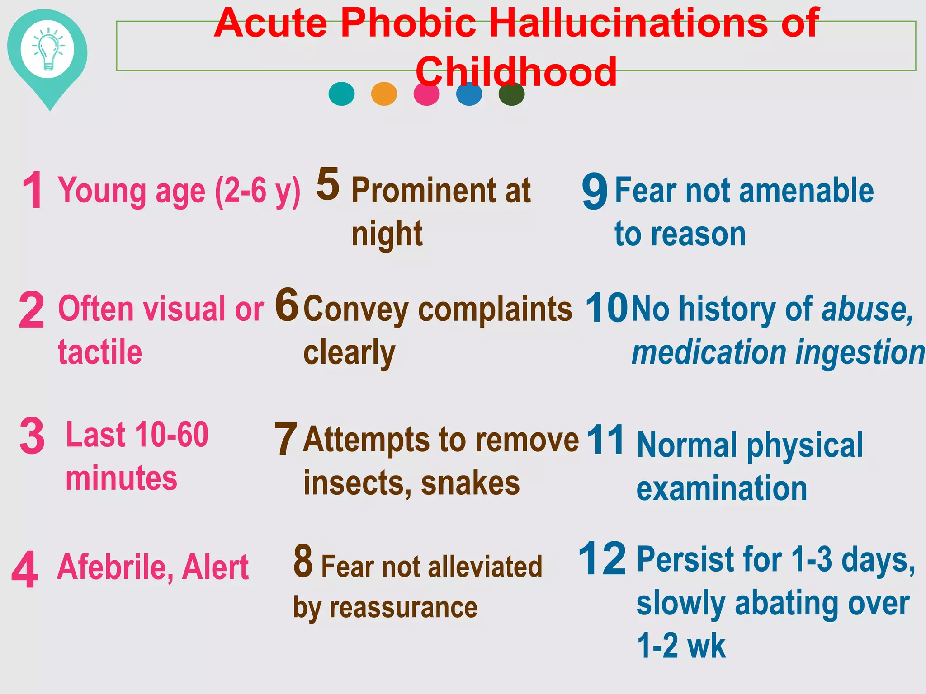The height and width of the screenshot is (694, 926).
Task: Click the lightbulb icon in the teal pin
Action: click(47, 49)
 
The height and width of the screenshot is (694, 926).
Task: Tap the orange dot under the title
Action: click(384, 94)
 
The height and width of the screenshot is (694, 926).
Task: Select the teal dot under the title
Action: click(341, 94)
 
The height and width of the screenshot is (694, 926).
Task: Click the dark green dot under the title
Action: click(511, 94)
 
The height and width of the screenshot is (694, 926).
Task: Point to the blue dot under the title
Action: click(469, 94)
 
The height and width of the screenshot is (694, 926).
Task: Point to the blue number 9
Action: click(595, 192)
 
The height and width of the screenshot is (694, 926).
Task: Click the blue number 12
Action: click(602, 559)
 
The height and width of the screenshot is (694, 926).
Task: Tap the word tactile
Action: click(100, 352)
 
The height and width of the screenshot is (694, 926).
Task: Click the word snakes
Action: click(470, 483)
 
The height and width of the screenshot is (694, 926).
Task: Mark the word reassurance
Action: click(403, 607)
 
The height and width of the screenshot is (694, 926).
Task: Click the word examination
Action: click(722, 488)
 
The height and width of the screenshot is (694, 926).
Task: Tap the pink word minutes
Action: click(121, 478)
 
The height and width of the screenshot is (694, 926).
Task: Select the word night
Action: click(387, 234)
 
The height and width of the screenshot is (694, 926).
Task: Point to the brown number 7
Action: click(286, 439)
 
